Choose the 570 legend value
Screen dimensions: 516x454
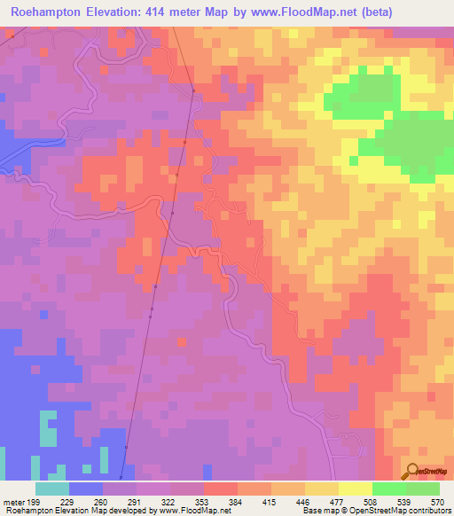coord(437,501)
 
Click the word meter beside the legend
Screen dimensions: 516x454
coord(13,501)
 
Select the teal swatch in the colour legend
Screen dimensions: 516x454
coord(52,489)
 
